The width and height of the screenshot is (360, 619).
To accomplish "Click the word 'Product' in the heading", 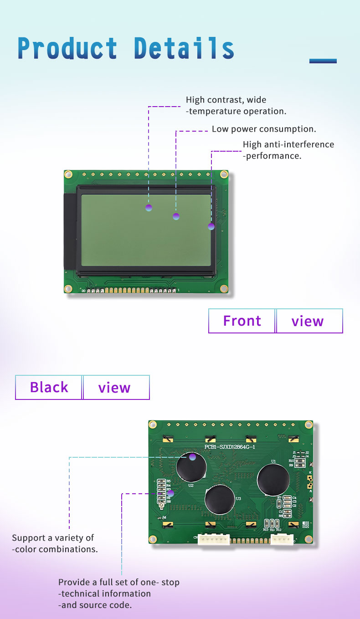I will tap(67, 48).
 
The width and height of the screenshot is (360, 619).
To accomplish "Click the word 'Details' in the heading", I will tap(184, 48).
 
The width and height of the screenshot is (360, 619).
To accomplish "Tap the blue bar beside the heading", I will tap(323, 61).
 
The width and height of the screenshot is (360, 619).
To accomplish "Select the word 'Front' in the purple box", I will tap(242, 321).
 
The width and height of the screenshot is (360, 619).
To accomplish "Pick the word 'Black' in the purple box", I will tap(49, 387).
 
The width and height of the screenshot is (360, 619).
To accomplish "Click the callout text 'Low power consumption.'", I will tap(264, 129).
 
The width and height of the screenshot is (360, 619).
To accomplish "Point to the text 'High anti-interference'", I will tap(288, 144).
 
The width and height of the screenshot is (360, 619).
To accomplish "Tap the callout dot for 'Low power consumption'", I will tap(176, 216).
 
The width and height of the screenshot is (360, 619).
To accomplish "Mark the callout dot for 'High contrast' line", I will tap(149, 208).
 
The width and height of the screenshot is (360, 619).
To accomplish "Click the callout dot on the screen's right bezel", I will tap(211, 226).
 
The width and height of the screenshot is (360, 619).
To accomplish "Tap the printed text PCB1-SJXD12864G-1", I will tap(229, 447).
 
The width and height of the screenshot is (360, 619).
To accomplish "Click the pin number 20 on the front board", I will tap(83, 291).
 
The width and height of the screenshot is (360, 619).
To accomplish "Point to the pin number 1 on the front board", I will tap(178, 290).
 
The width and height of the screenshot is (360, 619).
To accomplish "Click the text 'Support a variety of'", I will tap(53, 538).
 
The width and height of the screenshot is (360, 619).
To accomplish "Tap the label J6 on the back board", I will tap(164, 517).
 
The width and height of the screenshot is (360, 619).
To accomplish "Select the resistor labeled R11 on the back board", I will tap(272, 523).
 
